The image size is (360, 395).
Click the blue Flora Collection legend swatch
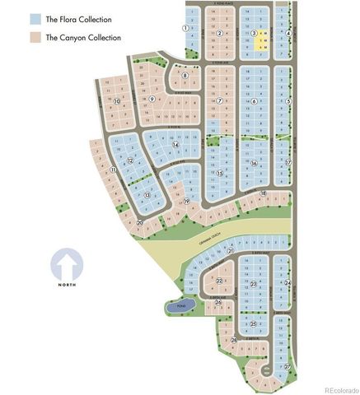(x=35, y=19)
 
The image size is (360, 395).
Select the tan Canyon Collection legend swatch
(x=35, y=37)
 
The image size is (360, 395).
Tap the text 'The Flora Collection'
(x=78, y=19)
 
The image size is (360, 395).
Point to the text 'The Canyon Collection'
(x=83, y=37)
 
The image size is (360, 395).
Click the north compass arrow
(x=68, y=267)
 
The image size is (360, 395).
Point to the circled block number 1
(x=185, y=27)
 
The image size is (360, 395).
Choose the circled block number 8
(x=185, y=76)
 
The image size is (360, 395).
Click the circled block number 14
(x=175, y=144)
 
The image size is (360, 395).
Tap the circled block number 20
(x=140, y=222)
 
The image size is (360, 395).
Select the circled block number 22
(x=219, y=281)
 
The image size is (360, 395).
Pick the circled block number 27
(x=287, y=366)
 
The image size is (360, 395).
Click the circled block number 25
(x=254, y=323)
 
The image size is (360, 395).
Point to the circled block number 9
(x=152, y=99)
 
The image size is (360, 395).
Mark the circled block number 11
(x=113, y=170)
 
